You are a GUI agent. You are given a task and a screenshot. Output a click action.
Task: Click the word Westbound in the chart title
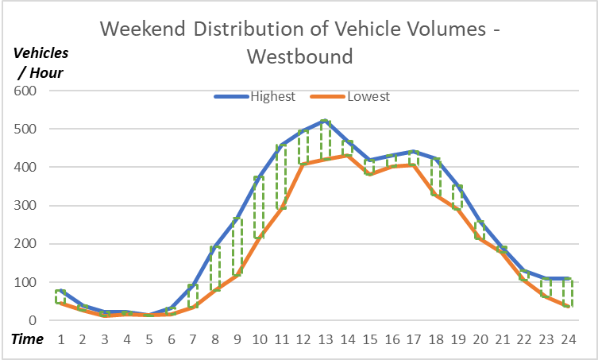point(299,57)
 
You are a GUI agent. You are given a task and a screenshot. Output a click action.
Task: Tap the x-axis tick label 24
point(567,339)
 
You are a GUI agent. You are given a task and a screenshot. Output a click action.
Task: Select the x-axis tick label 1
point(60,339)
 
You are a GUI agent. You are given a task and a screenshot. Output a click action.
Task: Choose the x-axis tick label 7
point(192,339)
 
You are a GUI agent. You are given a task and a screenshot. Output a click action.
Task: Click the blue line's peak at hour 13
point(324,121)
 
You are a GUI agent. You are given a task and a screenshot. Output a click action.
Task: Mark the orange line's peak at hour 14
point(346,155)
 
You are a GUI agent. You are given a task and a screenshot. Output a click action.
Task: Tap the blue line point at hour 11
point(280,145)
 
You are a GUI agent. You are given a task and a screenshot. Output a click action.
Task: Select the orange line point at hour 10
point(258,238)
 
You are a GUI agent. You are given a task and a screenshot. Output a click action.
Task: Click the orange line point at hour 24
point(567,307)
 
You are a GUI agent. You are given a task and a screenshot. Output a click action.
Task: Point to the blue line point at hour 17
point(413,151)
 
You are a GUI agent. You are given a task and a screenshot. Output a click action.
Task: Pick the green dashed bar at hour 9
point(237,246)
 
